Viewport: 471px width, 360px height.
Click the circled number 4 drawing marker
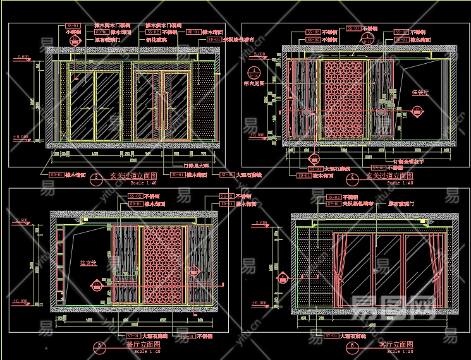352,178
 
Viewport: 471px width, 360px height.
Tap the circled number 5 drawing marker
99,346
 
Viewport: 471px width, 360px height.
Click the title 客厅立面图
396,344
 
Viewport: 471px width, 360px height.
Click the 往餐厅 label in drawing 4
420,92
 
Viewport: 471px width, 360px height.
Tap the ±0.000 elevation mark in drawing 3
21,136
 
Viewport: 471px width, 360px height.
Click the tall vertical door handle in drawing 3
163,107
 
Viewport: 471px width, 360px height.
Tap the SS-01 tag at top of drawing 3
73,26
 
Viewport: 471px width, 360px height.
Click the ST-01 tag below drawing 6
329,336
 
